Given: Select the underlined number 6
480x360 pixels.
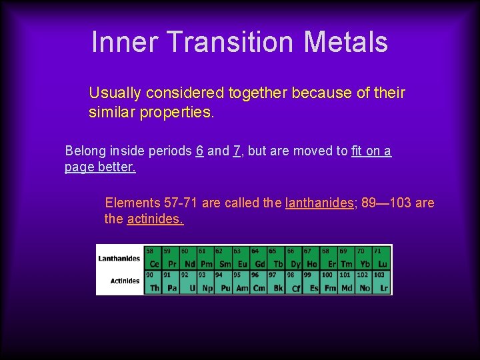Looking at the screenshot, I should pos(200,151).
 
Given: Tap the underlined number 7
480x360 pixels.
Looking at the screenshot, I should pos(237,151).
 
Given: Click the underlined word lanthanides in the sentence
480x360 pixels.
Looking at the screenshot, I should pos(319,203).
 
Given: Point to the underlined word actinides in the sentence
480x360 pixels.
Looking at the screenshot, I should pos(155,219).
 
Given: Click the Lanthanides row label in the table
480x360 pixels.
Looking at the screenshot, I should pos(119,259).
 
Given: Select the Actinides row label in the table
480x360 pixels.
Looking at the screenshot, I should pos(125,281).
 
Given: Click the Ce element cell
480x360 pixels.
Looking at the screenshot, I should pos(154,258).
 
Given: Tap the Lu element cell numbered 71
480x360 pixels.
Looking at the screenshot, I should pos(383,258).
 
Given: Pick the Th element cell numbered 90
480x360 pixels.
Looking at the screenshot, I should pos(154,282).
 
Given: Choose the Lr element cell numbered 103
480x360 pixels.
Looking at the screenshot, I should pos(383,282).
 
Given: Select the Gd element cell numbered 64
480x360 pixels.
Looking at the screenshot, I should pos(259,258).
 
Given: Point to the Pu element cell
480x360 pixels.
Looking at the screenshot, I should pos(224,282).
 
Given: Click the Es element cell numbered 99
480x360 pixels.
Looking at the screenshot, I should pos(312,282).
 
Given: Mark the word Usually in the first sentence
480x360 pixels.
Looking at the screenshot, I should pos(115,93).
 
